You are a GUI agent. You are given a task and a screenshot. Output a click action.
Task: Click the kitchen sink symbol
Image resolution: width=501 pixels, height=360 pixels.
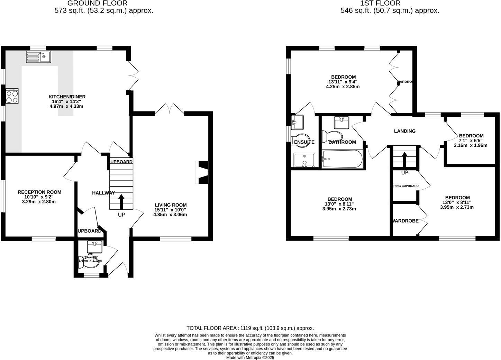point(38,57)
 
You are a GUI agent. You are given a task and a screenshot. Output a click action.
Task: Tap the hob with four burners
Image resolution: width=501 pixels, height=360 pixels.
point(12,96)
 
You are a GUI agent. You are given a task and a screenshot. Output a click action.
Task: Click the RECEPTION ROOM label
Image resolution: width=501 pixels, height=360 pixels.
point(39,192)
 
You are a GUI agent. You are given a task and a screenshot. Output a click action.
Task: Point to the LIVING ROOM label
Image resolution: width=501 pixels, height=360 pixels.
point(171,205)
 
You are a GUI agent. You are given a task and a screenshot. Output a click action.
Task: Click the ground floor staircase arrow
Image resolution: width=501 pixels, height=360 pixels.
point(121,202)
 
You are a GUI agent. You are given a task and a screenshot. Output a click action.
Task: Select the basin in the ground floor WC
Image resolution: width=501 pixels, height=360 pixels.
point(94,247)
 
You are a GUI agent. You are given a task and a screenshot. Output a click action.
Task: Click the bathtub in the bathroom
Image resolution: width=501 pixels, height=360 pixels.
point(342,159)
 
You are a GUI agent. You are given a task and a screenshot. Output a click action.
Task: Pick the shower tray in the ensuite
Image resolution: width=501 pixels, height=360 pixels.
point(304,160)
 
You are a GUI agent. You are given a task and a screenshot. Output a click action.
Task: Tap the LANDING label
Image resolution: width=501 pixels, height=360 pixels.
point(404,131)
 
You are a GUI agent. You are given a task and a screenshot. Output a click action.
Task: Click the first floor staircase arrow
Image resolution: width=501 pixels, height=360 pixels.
point(404,160)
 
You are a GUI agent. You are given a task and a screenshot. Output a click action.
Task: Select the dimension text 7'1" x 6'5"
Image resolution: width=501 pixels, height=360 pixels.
point(471,141)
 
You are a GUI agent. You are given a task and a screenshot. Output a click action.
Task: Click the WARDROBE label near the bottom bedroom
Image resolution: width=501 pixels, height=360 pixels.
point(405,221)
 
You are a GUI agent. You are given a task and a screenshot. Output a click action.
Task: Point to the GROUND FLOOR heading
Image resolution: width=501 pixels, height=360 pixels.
point(97,3)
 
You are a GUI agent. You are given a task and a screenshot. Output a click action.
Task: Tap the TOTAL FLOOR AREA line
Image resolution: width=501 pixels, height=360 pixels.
point(250,328)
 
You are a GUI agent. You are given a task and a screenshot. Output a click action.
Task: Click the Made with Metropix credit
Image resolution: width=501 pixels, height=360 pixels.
point(250,358)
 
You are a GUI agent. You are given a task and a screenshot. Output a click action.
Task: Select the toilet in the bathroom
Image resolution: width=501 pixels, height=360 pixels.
point(331,136)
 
